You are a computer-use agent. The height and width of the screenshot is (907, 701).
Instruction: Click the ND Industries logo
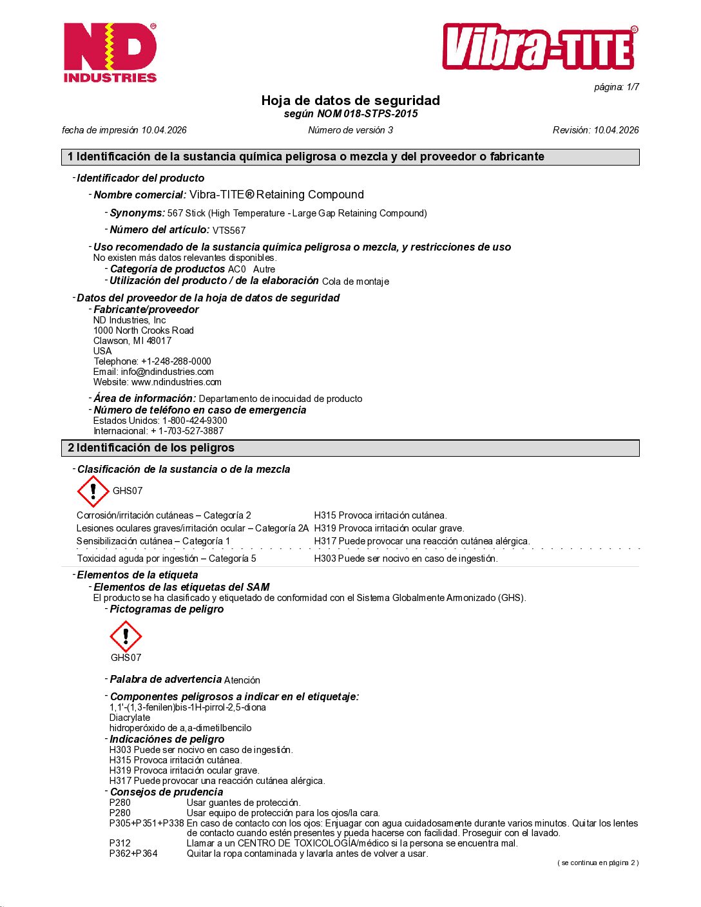tap(110, 53)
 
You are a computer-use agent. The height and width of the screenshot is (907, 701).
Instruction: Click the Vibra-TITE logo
tap(540, 47)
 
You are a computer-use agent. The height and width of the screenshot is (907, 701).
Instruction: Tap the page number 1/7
tap(617, 87)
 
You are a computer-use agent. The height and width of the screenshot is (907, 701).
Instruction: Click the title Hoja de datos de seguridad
tap(350, 100)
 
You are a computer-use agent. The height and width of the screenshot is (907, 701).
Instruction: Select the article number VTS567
tap(229, 231)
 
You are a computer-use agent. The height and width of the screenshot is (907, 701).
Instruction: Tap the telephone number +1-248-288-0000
tap(176, 361)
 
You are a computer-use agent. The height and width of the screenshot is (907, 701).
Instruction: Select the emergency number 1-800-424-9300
tap(195, 421)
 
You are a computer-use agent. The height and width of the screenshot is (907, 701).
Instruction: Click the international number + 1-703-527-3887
tap(187, 431)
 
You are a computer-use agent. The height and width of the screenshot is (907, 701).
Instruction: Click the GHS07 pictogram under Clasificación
tap(93, 492)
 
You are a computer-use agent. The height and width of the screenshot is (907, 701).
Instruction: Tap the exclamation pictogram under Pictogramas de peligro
tap(126, 636)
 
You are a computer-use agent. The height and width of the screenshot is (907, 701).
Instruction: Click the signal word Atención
tap(242, 680)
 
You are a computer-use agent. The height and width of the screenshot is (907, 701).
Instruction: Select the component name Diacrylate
tap(130, 718)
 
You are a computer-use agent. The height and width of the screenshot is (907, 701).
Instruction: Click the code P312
tap(120, 843)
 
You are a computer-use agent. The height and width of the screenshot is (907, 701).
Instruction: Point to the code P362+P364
tap(133, 854)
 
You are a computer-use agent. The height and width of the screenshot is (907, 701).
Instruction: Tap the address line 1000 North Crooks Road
tap(144, 330)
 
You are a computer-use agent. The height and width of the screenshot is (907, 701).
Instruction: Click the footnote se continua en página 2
tap(598, 863)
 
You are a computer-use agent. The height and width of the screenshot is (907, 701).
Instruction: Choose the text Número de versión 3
tap(350, 130)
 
